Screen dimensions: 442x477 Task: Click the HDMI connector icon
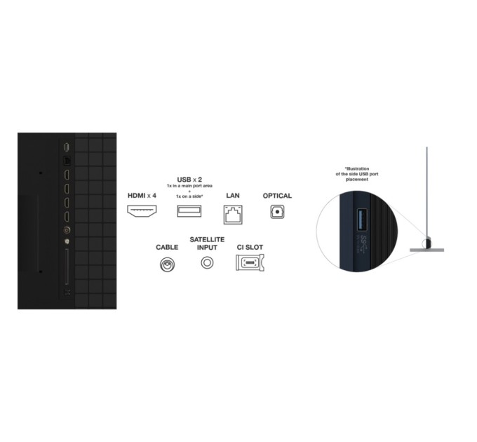coord(142,211)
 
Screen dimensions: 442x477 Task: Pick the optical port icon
coord(277,212)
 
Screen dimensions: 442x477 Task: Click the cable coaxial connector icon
coord(167,264)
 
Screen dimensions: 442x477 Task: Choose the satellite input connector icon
coord(207,262)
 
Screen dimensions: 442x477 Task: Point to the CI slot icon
coord(250,262)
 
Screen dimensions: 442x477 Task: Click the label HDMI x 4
coord(142,196)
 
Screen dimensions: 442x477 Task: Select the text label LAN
coord(233,196)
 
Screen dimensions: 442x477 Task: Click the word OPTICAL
coord(277,196)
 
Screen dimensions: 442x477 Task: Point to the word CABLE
coord(167,248)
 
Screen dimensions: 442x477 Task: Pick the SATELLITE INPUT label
coord(207,243)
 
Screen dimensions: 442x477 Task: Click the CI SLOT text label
coord(250,248)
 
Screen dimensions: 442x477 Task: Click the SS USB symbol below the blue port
coord(363,243)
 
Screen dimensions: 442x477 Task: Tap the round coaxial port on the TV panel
coord(67,230)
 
